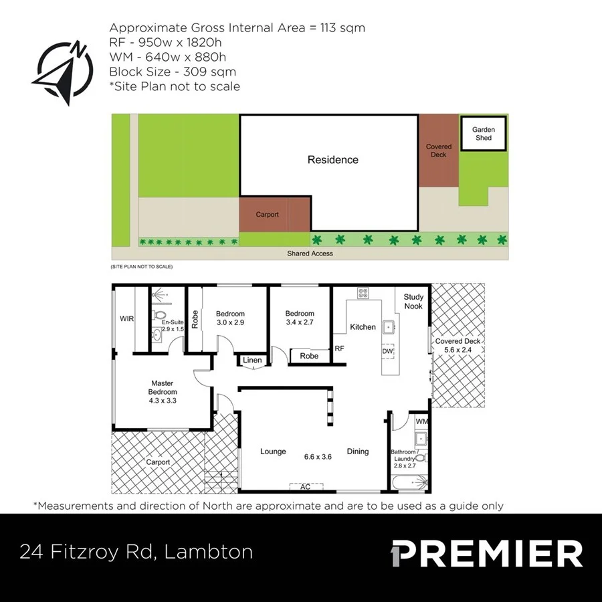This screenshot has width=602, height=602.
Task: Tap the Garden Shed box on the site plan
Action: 483,133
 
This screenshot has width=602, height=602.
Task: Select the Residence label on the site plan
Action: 332,160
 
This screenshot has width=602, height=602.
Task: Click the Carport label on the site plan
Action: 267,215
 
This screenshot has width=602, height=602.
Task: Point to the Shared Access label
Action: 310,254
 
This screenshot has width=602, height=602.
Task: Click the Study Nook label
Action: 413,302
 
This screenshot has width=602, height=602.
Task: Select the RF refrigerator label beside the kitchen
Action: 339,348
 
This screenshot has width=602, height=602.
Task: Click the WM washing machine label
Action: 421,422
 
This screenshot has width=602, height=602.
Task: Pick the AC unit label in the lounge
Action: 305,487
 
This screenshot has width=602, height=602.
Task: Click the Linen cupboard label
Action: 252,361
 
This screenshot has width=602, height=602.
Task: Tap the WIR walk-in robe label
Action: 126,319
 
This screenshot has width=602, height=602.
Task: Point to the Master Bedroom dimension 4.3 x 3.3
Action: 163,401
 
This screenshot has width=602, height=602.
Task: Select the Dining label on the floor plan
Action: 358,451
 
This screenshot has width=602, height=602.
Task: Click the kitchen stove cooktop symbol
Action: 363,292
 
